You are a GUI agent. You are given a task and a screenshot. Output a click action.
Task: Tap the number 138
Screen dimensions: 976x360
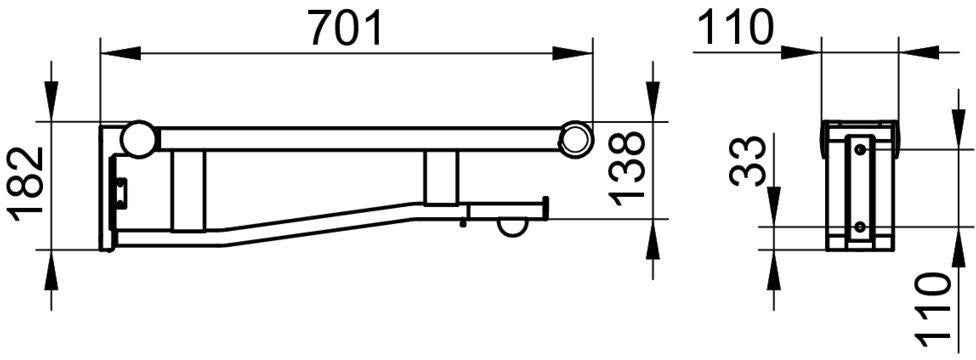[x=626, y=169]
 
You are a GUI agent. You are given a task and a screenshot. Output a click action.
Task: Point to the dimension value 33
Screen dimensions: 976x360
[x=747, y=161]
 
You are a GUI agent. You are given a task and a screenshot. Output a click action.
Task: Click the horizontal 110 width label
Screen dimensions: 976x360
[x=733, y=28]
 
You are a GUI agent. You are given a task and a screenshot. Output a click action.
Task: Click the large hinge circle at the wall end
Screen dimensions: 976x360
[x=138, y=138]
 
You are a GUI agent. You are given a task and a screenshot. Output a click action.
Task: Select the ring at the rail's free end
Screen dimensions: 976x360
[x=575, y=138]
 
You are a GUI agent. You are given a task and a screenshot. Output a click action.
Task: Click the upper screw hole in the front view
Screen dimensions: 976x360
[x=859, y=149]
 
